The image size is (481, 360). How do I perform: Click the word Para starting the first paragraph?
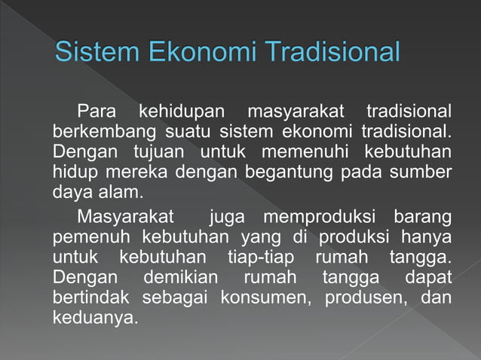click(x=94, y=113)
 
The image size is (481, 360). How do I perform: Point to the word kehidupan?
click(x=181, y=113)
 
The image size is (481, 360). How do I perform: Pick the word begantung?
click(x=283, y=172)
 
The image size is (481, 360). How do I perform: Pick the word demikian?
click(x=182, y=278)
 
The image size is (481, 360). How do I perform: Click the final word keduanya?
click(x=95, y=317)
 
